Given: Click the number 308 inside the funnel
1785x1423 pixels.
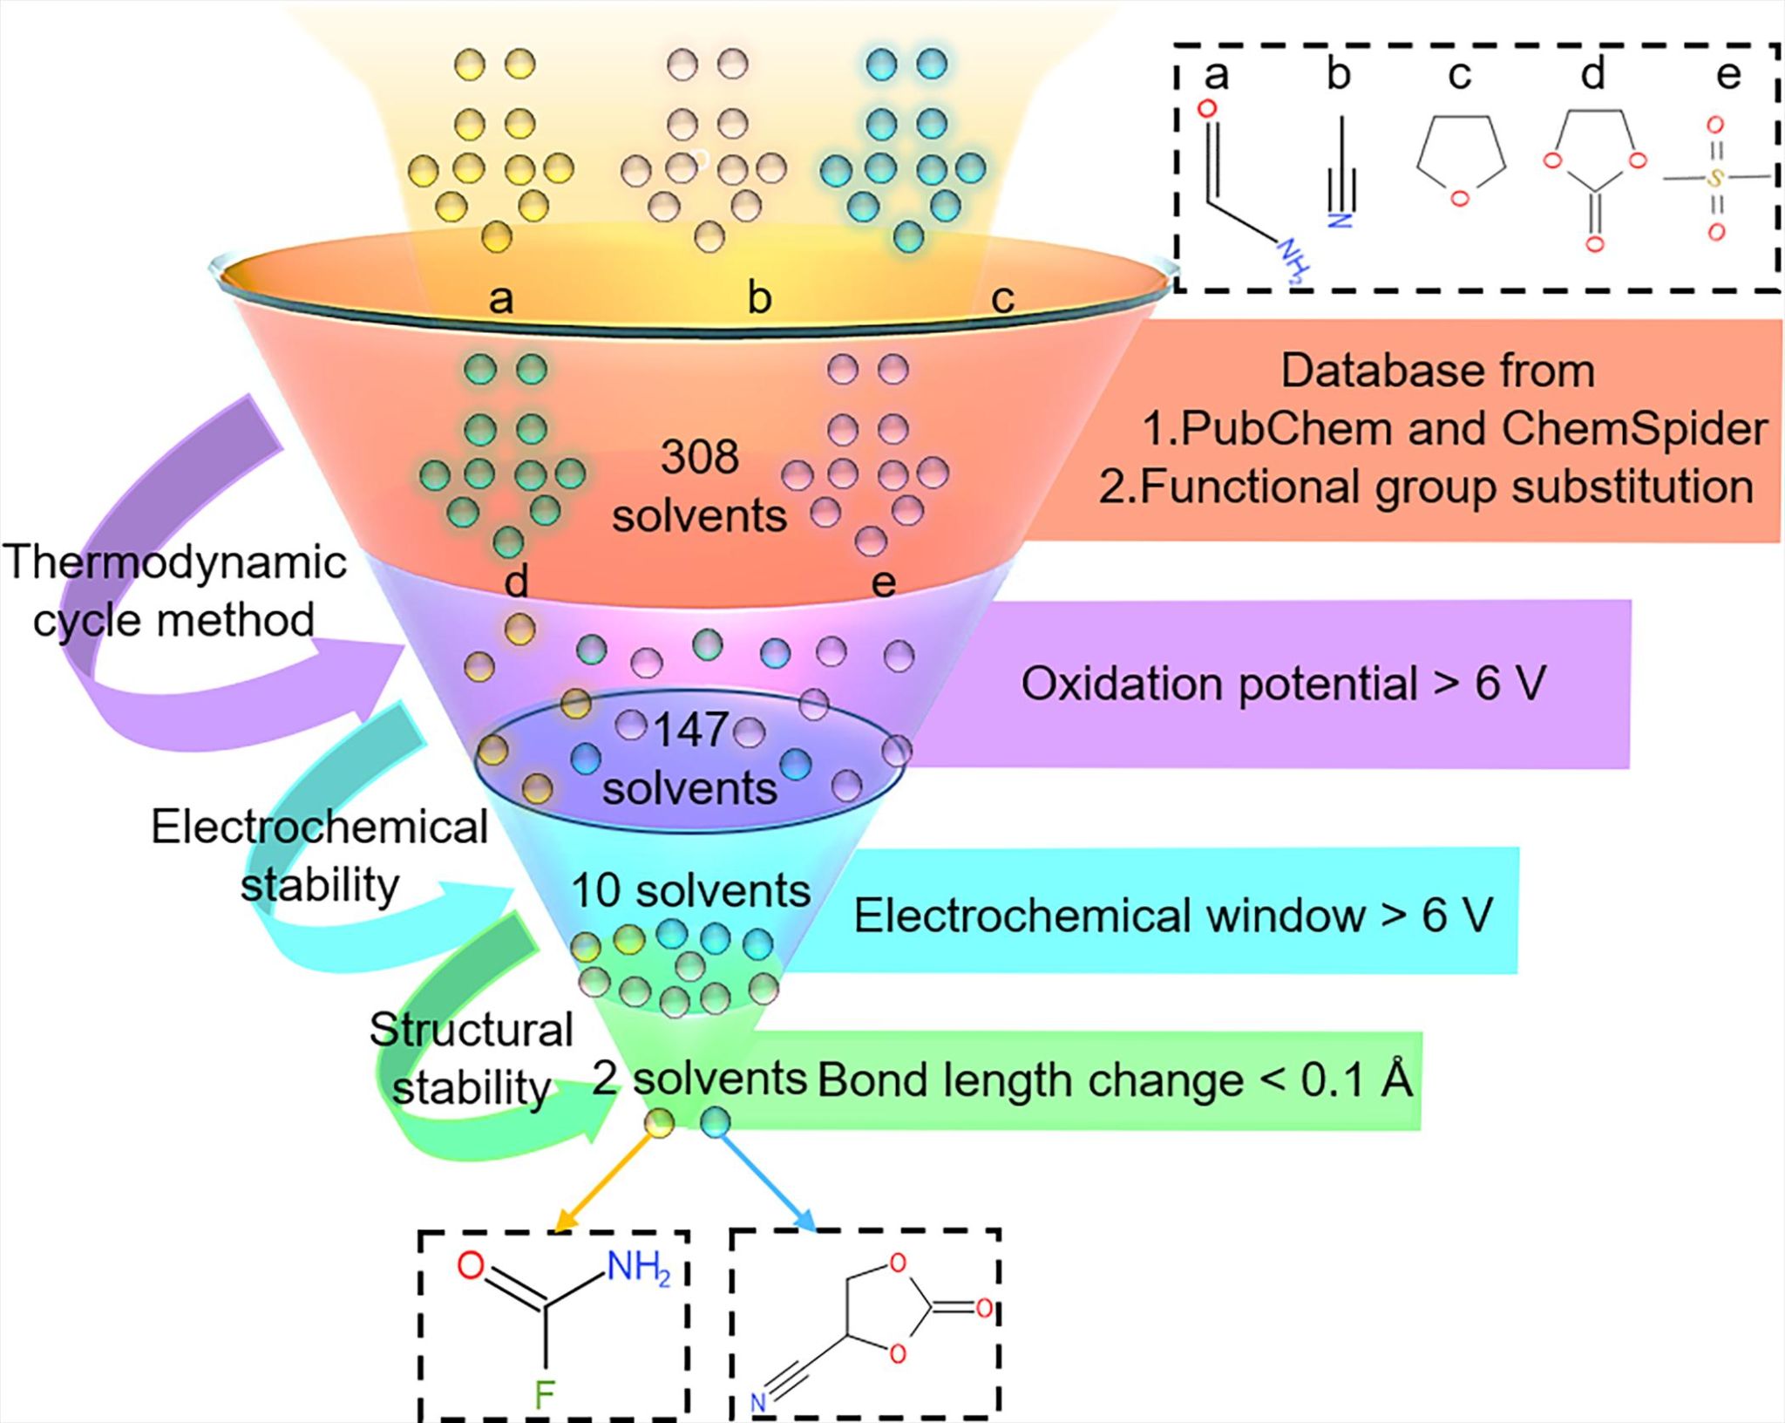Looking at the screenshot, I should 699,457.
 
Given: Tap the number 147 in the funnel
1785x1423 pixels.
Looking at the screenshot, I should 690,730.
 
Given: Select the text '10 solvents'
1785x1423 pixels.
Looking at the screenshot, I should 690,891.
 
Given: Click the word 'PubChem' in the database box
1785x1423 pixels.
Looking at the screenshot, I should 1286,428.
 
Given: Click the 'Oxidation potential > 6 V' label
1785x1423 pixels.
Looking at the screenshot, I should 1283,684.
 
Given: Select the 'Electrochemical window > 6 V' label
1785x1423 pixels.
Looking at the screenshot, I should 1173,916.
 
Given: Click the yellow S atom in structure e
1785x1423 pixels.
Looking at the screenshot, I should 1714,179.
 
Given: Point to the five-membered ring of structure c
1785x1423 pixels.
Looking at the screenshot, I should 1461,157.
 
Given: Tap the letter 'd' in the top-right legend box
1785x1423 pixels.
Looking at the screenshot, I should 1592,74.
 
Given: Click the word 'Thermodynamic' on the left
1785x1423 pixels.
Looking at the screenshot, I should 174,562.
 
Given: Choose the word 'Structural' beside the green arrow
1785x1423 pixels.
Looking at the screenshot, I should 471,1031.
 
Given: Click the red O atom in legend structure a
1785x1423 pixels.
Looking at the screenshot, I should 1207,109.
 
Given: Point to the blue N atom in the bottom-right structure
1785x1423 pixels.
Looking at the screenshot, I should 758,1403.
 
